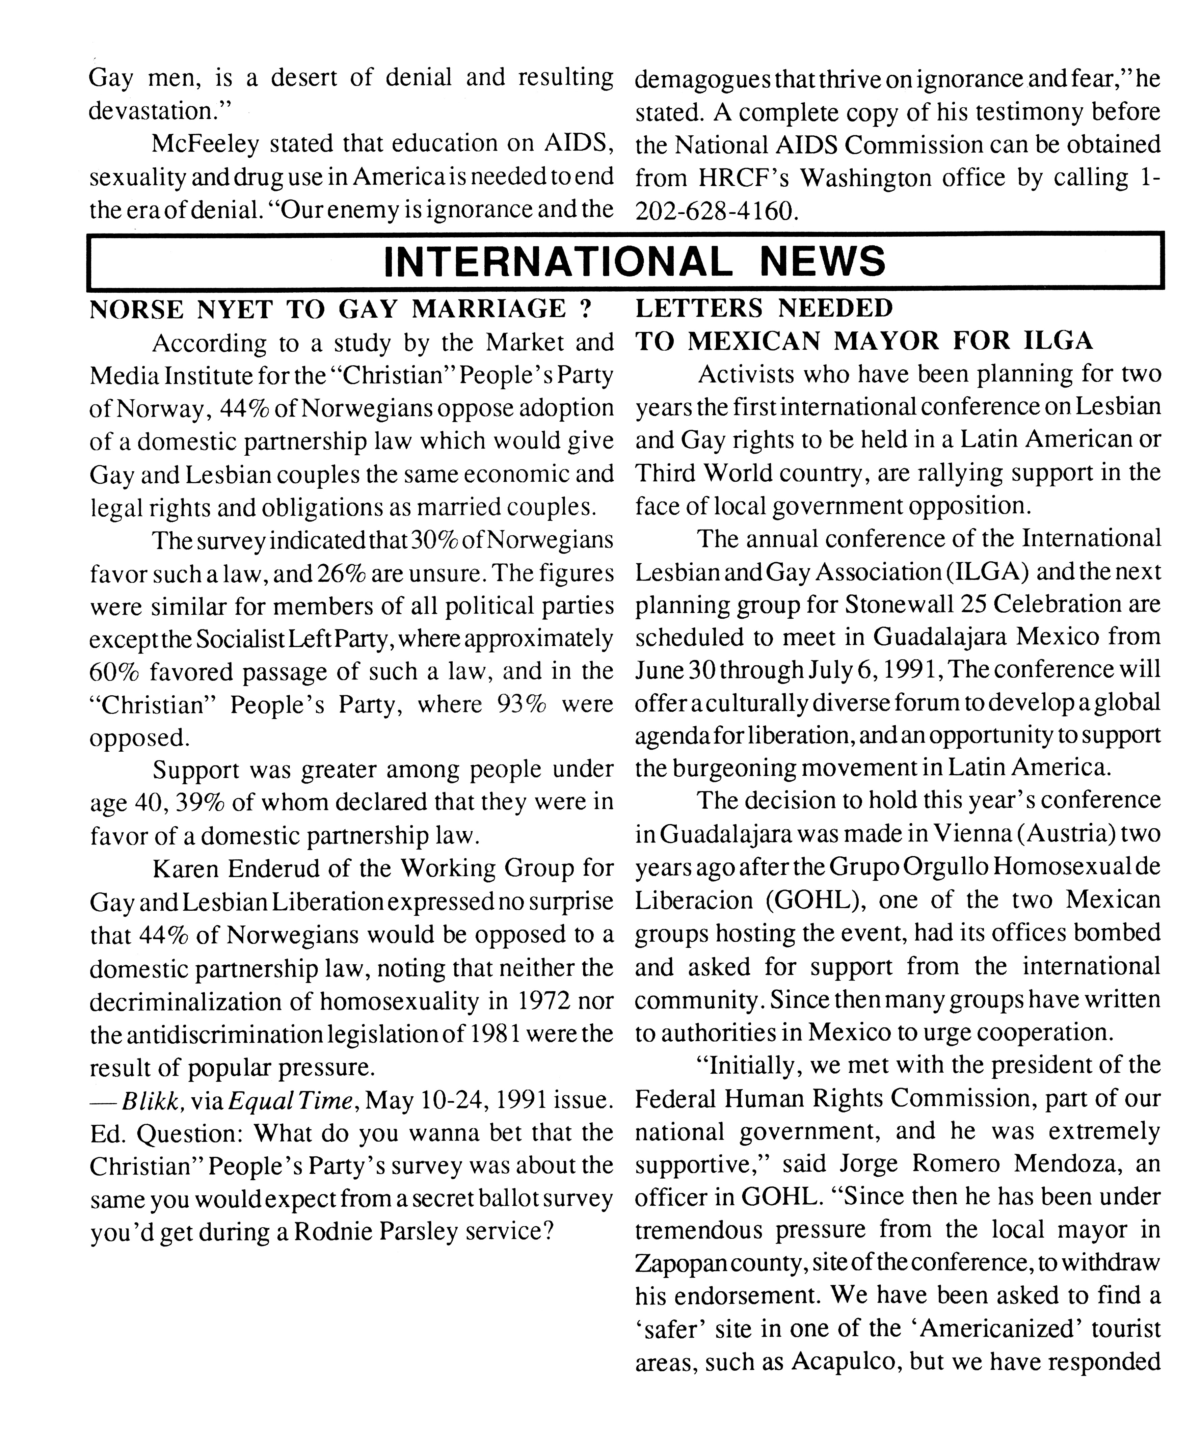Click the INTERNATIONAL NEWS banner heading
click(634, 262)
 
